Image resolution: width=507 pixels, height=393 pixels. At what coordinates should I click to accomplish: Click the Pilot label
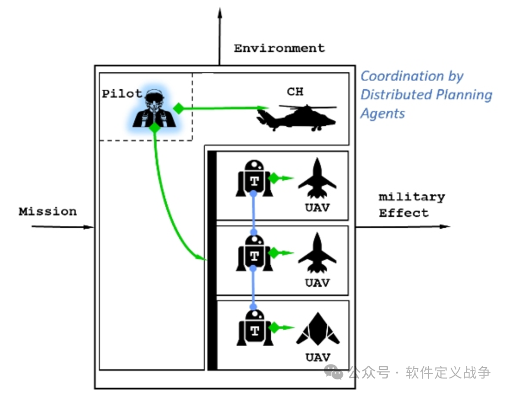click(x=122, y=94)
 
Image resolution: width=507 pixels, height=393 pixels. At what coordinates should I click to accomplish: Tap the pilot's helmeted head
click(x=154, y=99)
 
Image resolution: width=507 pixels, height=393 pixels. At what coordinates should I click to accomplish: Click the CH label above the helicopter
click(x=295, y=92)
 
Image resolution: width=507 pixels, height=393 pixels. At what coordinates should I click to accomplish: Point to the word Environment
click(x=279, y=48)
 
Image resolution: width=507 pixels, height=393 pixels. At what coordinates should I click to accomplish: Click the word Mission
click(x=47, y=211)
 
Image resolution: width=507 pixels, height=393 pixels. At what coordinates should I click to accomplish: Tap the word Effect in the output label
click(x=404, y=213)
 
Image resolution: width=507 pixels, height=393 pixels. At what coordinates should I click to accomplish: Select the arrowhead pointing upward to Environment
click(x=220, y=13)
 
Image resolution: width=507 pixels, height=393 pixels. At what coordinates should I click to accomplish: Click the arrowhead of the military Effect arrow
click(x=445, y=226)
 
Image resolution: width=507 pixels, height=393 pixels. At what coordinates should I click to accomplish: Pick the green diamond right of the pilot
click(x=178, y=108)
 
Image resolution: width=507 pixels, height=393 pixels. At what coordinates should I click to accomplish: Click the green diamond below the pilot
click(x=154, y=127)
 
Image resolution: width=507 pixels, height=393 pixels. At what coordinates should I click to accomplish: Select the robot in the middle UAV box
click(x=254, y=253)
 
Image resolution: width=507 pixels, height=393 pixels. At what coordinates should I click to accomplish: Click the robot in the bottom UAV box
click(x=255, y=328)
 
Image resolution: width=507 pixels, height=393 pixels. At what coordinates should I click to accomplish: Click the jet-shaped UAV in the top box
click(x=317, y=178)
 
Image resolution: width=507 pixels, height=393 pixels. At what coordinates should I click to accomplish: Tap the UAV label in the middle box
click(x=317, y=283)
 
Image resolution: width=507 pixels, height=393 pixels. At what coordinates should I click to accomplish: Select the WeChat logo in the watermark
click(x=333, y=372)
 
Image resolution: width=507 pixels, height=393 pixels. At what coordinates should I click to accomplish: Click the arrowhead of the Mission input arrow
click(x=89, y=227)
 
